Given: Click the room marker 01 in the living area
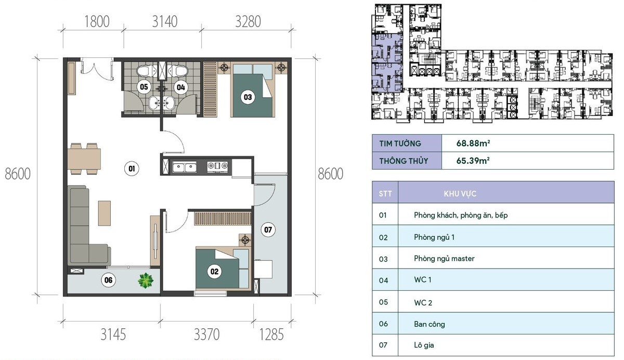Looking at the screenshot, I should [132, 168].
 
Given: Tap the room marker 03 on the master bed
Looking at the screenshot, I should [248, 96].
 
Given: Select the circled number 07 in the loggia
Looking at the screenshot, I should [267, 229].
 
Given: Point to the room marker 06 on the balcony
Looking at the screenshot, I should [108, 280].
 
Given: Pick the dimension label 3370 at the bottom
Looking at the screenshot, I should [207, 333].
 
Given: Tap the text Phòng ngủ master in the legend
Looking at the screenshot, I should [444, 259].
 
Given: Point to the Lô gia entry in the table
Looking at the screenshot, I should [424, 345].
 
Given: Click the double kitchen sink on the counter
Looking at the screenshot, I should [184, 167].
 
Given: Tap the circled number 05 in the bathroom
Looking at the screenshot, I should [144, 87].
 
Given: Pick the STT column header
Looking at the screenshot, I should [385, 194].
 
